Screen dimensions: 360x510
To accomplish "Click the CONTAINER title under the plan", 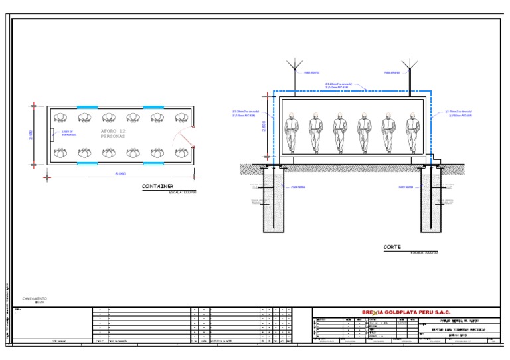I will point(157,187).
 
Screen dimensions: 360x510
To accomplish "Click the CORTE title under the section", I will point(392,247).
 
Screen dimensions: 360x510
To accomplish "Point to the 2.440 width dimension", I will point(40,134).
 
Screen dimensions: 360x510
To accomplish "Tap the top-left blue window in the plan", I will point(87,106).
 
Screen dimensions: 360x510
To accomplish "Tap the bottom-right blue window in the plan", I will point(154,163).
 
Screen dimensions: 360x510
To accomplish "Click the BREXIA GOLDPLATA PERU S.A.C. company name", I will point(406,311).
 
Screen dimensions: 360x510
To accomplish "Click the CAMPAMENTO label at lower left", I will point(35,299).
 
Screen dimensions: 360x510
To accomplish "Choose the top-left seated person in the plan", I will point(61,117).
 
